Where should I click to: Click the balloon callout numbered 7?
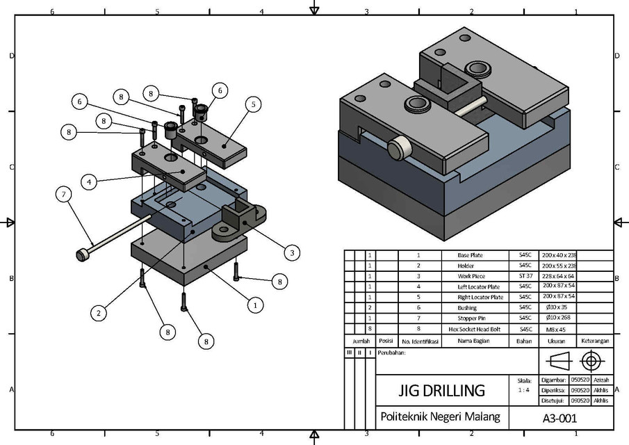tap(63, 194)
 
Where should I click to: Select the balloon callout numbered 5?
tap(253, 104)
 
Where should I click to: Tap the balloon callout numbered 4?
tap(89, 181)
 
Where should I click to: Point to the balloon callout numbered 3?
tap(293, 252)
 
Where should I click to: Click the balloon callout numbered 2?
tap(99, 314)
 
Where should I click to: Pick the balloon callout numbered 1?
tap(255, 304)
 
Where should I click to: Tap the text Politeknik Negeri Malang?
tap(440, 416)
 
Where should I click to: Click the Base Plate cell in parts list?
tap(470, 255)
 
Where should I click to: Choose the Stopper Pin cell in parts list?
tap(470, 318)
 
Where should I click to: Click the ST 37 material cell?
tap(521, 276)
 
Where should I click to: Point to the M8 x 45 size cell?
tap(553, 328)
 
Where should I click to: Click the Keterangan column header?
tap(595, 341)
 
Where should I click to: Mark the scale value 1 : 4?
tap(525, 391)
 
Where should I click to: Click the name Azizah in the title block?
tap(601, 380)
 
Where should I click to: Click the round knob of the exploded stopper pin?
tap(82, 255)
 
